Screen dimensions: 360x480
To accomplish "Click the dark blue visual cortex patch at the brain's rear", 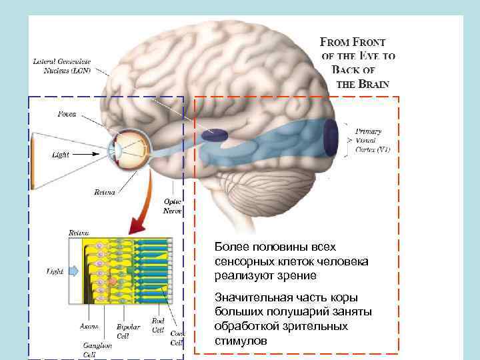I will click(331, 137).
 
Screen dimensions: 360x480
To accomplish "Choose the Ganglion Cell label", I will click(93, 350).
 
